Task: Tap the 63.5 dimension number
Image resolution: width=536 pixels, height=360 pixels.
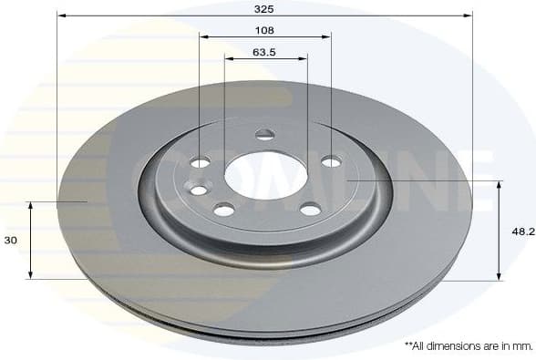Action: click(264, 52)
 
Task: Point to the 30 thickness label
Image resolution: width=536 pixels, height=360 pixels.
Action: click(10, 241)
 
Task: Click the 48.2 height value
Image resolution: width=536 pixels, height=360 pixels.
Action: click(522, 231)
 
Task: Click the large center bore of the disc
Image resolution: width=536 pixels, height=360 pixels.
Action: click(264, 172)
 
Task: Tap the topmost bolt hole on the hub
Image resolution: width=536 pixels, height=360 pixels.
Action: click(264, 135)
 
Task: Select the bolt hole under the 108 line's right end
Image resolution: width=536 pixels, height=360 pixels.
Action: click(331, 161)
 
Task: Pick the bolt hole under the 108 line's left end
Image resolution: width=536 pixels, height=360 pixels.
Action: click(200, 162)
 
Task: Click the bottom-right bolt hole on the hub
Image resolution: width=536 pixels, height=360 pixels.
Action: click(311, 209)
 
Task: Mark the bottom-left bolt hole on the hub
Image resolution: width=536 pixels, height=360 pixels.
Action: click(224, 210)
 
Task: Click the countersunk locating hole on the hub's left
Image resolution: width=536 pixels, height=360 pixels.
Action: click(196, 190)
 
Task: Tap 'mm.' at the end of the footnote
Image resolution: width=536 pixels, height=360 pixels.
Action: click(521, 346)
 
